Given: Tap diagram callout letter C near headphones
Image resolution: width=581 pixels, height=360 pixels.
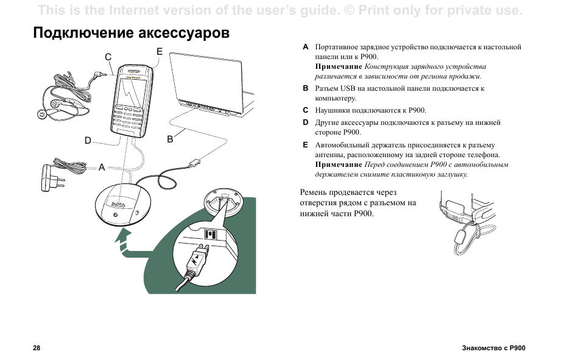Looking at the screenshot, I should (x=108, y=57).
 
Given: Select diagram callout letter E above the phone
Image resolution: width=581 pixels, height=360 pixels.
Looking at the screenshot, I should (x=160, y=51).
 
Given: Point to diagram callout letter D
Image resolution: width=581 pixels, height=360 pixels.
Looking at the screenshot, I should (x=88, y=141).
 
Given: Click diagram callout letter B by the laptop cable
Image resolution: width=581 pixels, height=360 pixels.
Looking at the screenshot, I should (x=171, y=139).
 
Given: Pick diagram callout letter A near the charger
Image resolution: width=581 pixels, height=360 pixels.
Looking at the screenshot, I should (x=102, y=167).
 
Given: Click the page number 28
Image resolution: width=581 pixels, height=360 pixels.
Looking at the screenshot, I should (x=37, y=348).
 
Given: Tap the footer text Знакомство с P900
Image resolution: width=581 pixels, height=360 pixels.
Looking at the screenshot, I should (x=493, y=348).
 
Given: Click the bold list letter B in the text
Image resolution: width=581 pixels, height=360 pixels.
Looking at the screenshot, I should (x=306, y=88).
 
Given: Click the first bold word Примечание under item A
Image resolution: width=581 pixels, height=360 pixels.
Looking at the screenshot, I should (x=339, y=66).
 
